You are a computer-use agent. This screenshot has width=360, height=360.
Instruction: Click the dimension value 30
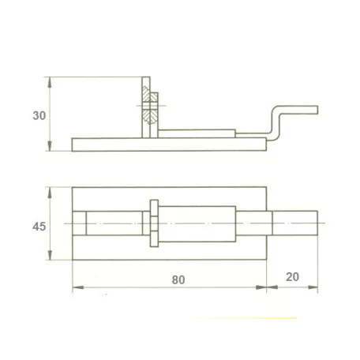[x=39, y=116]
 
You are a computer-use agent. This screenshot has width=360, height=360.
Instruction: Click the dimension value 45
[x=39, y=227]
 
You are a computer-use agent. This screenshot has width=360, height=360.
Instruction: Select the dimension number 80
[x=178, y=280]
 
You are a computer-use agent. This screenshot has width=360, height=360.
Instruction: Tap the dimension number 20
[x=292, y=277]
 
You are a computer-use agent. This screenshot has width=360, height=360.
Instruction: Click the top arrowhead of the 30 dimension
[x=50, y=82]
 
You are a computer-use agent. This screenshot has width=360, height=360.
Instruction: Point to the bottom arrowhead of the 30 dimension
[x=50, y=146]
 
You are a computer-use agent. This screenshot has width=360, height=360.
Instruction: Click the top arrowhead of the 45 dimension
[x=50, y=192]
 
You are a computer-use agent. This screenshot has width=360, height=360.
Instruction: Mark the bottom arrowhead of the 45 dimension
[x=50, y=255]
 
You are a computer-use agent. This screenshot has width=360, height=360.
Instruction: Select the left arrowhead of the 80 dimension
[x=78, y=287]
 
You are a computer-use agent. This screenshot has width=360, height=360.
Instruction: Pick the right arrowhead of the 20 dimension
[x=313, y=287]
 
